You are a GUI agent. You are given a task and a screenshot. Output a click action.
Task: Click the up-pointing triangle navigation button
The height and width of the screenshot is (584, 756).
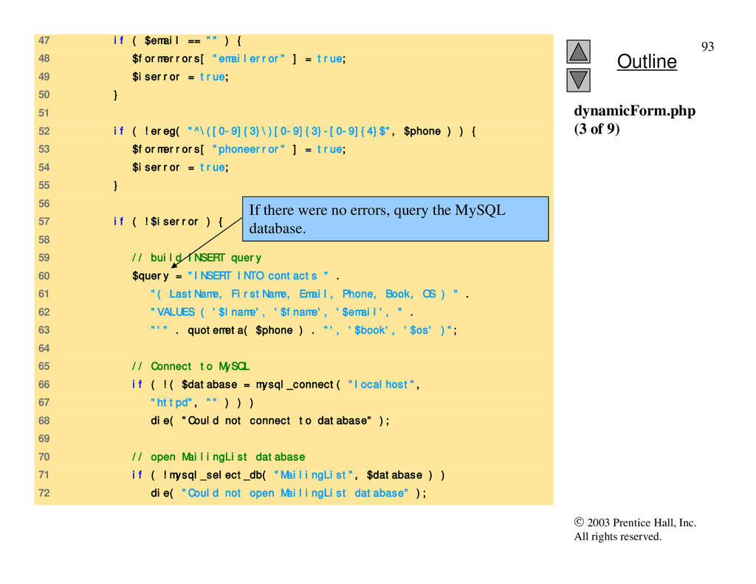click(x=580, y=51)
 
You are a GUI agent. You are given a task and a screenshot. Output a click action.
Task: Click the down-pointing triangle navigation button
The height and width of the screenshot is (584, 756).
click(x=580, y=80)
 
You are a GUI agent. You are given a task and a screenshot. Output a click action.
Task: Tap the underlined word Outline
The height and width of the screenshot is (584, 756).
click(x=646, y=61)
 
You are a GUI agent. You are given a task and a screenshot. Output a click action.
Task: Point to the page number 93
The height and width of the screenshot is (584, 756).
click(x=707, y=47)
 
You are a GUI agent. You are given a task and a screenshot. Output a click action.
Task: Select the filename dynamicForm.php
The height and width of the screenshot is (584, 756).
click(x=634, y=111)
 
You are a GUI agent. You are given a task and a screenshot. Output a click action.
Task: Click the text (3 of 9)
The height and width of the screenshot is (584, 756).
click(x=597, y=128)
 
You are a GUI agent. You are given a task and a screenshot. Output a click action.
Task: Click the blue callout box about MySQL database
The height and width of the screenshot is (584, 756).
click(x=396, y=219)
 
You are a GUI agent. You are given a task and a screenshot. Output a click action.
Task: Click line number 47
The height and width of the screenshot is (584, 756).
click(x=44, y=40)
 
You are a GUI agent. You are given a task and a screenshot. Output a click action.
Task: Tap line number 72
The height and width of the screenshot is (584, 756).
click(x=44, y=493)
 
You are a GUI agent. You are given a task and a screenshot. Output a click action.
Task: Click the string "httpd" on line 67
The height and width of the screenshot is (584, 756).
click(x=172, y=402)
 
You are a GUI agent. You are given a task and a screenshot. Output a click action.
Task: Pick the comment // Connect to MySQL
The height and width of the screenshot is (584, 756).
click(x=190, y=366)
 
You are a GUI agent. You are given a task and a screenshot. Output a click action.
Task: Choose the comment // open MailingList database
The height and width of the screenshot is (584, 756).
click(x=218, y=457)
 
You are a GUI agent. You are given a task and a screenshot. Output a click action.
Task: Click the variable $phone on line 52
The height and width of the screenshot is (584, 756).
click(x=422, y=131)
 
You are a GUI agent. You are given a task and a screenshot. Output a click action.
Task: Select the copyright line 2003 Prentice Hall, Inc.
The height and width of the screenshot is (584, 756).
click(x=635, y=523)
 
